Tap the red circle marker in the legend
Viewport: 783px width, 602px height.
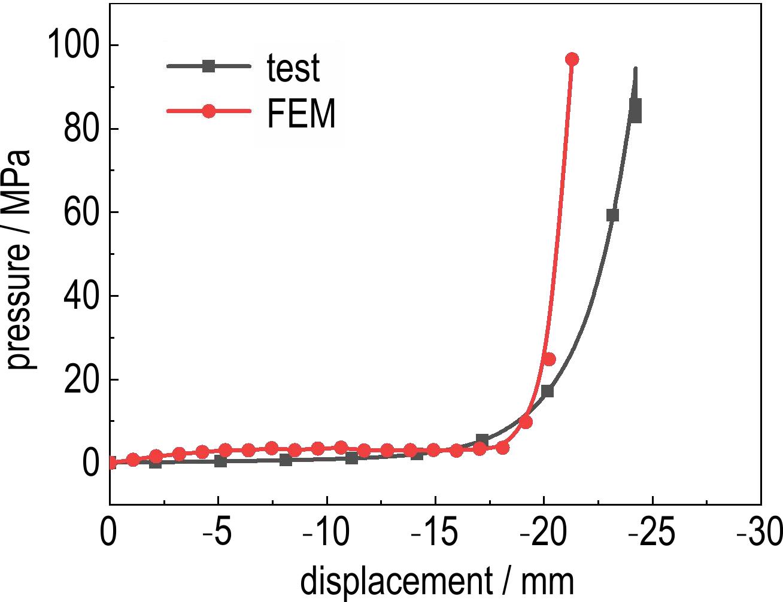click(x=208, y=112)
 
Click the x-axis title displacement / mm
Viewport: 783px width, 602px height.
click(x=436, y=581)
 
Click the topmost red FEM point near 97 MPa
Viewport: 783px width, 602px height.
click(x=572, y=59)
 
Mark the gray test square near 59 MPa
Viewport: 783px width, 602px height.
click(x=612, y=215)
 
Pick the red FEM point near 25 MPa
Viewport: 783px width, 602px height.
click(x=549, y=359)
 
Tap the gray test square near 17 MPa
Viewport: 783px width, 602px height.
click(x=547, y=391)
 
